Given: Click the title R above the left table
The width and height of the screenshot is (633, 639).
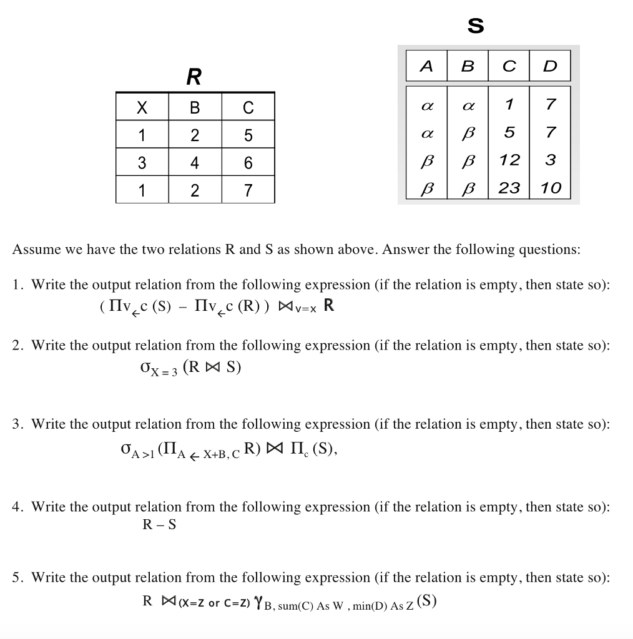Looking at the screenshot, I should pos(194,77).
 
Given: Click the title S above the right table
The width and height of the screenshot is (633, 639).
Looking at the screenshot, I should pos(476,26).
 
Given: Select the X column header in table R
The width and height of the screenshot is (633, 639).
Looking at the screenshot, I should pos(142,107).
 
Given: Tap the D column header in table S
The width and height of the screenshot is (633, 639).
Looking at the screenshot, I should pos(550,66).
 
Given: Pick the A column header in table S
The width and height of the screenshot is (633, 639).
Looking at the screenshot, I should pos(426,66).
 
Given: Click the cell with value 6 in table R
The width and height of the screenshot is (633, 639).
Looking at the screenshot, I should pos(248,163).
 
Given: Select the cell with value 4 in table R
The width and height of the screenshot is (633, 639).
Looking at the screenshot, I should pos(195,163).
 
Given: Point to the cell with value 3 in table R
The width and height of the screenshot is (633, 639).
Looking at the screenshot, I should pos(142,163).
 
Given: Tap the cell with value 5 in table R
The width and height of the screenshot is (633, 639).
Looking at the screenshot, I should pos(248,135).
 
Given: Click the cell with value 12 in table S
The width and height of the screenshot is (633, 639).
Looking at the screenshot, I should pos(510,160).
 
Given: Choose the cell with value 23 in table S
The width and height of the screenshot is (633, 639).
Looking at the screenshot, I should pos(510,187).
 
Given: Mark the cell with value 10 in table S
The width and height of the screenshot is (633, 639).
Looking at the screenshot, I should pos(551,187).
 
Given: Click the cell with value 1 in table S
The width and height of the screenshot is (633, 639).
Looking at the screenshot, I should pos(509,104).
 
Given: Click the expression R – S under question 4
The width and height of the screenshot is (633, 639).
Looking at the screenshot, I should pos(160,525).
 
